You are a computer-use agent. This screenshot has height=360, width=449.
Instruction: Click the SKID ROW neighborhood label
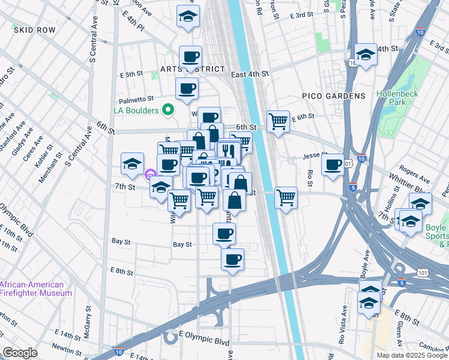(x=35, y=29)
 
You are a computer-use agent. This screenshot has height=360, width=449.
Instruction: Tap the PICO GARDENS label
(x=333, y=96)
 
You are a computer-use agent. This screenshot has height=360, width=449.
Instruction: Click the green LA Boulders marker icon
(x=169, y=110)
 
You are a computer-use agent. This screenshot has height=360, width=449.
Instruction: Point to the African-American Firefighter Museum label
(x=36, y=289)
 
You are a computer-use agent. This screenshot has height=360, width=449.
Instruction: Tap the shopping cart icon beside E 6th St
(x=278, y=121)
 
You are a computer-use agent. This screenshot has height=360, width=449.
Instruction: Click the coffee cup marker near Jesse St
(x=333, y=164)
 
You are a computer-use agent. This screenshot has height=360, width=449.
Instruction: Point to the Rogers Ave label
(x=414, y=180)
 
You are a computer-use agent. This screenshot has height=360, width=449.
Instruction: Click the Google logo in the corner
(x=20, y=353)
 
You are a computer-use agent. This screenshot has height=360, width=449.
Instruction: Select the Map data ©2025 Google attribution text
(x=411, y=355)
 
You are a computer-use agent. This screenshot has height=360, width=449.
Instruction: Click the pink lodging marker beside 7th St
(x=149, y=175)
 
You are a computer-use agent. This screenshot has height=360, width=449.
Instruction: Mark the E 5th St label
(x=131, y=75)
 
